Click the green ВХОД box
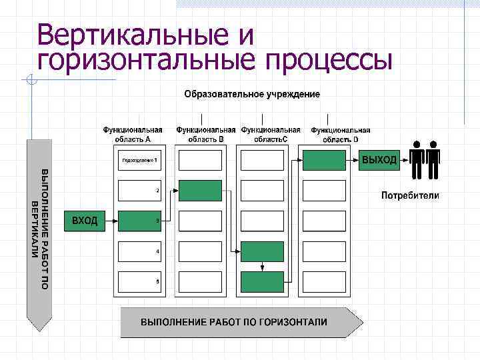click(x=85, y=221)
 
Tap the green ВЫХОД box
click(x=379, y=160)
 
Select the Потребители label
click(x=410, y=195)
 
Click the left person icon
click(x=417, y=161)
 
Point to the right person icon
click(x=433, y=161)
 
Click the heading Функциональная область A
click(x=132, y=135)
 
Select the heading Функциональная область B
click(x=205, y=135)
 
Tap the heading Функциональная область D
click(x=340, y=135)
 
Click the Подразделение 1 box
click(x=139, y=160)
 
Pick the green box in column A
click(x=139, y=221)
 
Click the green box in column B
click(x=200, y=191)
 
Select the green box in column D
click(x=324, y=160)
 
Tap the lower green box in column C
click(x=262, y=282)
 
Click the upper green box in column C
click(x=262, y=251)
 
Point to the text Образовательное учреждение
click(x=252, y=94)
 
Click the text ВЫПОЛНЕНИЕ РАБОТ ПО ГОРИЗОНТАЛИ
click(x=233, y=322)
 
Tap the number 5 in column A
click(x=157, y=281)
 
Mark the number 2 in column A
click(x=157, y=191)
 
